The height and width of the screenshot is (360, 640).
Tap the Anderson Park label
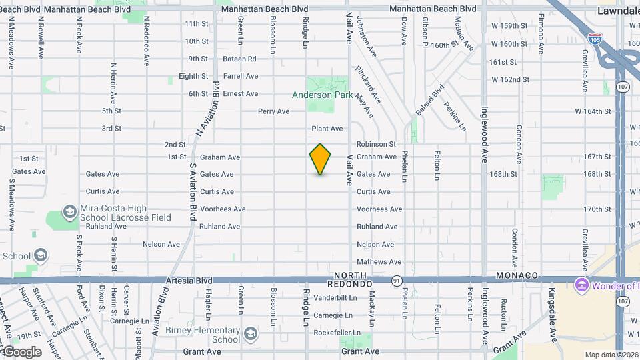(321, 95)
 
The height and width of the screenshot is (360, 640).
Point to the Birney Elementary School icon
(250, 333)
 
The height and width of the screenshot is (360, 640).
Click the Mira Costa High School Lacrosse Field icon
(69, 213)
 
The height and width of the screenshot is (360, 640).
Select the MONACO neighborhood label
(517, 275)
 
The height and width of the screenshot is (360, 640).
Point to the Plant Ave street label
(327, 129)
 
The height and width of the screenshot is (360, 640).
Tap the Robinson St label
(376, 144)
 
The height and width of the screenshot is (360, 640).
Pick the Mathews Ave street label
(379, 262)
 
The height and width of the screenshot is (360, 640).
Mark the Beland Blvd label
(431, 98)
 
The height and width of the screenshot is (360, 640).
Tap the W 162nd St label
(510, 79)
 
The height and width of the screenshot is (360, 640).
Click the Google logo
(22, 351)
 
